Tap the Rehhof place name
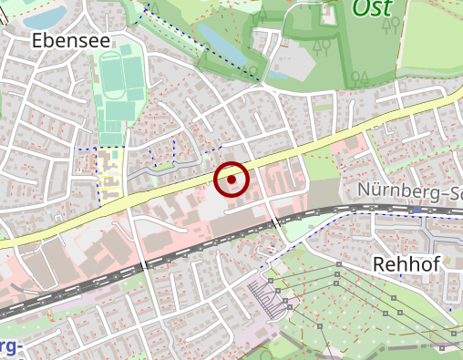(406, 264)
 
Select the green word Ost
(372, 8)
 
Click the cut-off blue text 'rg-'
(9, 347)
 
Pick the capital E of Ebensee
(37, 40)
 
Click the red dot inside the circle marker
(231, 180)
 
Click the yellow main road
(301, 149)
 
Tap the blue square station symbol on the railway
(417, 210)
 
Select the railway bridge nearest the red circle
(274, 224)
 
